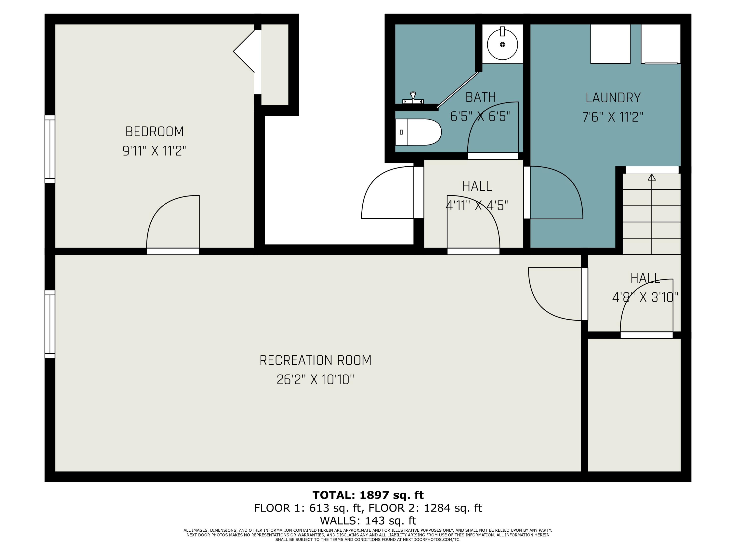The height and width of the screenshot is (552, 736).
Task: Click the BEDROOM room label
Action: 154,132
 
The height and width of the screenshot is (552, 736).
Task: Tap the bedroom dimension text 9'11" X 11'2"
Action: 154,151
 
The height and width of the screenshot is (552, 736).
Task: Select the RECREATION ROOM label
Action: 315,360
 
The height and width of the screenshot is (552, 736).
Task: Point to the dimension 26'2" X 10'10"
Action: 315,380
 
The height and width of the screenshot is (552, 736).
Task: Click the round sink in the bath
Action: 502,44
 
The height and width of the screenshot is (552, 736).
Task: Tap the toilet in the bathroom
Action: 418,132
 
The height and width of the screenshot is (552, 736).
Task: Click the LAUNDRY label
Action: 613,98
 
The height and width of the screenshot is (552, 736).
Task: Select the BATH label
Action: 480,97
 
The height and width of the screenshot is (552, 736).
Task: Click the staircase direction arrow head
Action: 652,177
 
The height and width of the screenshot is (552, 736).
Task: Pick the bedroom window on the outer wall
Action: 50,149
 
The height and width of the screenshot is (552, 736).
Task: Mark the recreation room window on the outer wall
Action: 50,324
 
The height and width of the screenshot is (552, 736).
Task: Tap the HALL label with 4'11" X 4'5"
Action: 477,186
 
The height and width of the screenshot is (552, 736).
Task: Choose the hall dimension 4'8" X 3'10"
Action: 645,297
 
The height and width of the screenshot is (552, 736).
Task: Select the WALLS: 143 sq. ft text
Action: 368,520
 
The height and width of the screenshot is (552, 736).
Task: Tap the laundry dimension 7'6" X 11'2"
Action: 613,117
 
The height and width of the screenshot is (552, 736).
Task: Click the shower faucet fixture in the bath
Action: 413,98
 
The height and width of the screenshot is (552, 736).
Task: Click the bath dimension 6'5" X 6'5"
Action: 480,117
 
